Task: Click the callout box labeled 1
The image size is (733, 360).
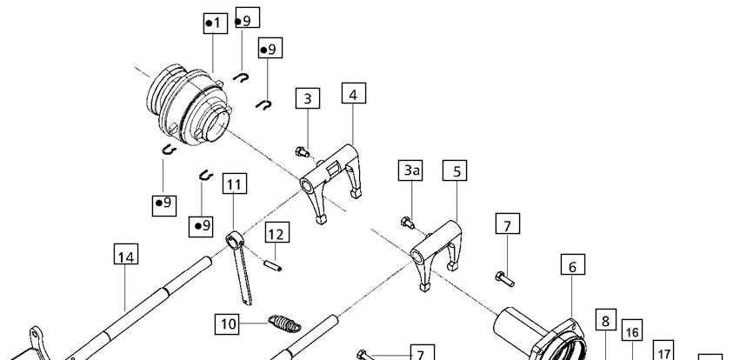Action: point(216,23)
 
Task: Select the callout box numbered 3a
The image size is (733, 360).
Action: point(410,170)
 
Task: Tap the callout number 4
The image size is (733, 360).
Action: point(353,93)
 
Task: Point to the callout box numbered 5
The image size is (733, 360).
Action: point(455,170)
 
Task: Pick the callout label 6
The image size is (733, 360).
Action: point(573,264)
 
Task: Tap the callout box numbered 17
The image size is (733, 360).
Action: point(663,350)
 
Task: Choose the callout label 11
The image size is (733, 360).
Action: point(235,183)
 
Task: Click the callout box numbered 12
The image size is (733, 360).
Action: point(277,232)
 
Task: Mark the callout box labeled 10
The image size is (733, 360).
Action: point(227,324)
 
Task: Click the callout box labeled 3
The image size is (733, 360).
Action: point(308,98)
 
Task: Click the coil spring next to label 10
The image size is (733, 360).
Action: point(284,323)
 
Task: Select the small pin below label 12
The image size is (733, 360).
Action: point(272,265)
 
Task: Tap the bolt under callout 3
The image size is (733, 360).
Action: point(302,151)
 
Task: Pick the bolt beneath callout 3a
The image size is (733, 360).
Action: point(408,223)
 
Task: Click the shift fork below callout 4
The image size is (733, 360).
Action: point(331,183)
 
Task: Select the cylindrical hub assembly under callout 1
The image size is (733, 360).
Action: point(189,104)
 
